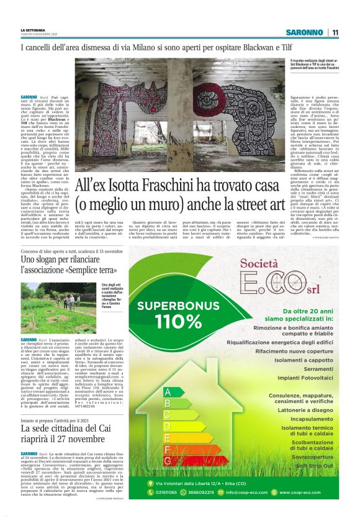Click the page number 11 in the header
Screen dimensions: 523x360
pyautogui.click(x=335, y=32)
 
